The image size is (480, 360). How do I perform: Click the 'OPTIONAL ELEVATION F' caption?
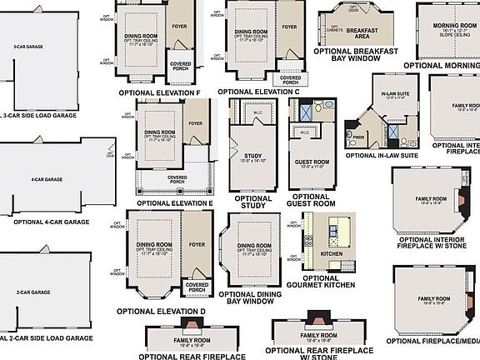159,92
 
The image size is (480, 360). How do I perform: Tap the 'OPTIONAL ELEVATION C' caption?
257,92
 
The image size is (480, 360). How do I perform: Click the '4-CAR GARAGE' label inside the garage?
47,179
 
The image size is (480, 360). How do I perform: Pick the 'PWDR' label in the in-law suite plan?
359,137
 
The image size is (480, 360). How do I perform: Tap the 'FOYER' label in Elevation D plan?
197,245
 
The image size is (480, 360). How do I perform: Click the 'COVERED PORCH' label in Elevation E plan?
177,177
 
